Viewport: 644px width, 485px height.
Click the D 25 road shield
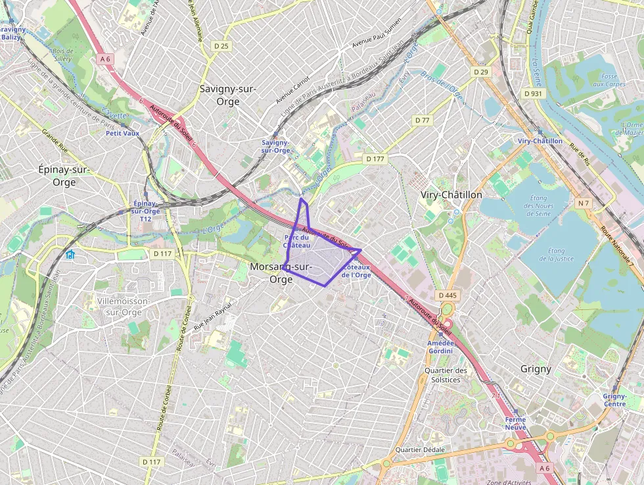221,45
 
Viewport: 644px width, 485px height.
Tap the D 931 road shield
534,93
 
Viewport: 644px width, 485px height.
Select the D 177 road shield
375,159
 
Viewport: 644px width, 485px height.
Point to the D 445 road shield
446,295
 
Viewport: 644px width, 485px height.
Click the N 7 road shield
583,203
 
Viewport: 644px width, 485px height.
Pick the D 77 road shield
422,120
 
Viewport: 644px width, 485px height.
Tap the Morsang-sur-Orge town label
281,272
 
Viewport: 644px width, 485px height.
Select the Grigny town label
536,369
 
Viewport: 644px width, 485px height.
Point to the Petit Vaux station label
123,133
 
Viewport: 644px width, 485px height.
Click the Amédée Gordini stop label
440,347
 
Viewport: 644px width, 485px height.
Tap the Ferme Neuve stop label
515,423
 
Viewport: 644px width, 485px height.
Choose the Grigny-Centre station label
614,399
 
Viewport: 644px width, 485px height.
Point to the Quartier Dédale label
420,449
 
